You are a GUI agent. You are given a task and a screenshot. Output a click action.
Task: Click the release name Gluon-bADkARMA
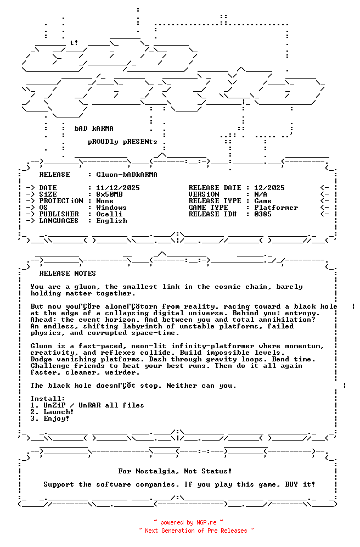click(126, 175)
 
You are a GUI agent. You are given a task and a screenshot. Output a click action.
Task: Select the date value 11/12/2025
click(117, 188)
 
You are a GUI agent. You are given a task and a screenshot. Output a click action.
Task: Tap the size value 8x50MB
click(109, 194)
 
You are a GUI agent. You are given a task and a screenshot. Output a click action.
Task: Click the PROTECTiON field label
click(61, 201)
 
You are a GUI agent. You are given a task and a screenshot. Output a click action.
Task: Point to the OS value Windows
click(111, 208)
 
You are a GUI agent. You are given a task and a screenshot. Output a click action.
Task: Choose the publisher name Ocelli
click(109, 214)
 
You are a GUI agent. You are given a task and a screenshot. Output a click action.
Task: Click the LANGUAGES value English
click(111, 221)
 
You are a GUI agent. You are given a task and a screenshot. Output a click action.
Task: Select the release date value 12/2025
click(269, 188)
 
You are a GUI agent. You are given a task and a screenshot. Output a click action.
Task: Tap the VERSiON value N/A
click(261, 194)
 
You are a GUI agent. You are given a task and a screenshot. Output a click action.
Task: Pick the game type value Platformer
click(276, 208)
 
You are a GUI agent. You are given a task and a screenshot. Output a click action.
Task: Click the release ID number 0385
click(263, 214)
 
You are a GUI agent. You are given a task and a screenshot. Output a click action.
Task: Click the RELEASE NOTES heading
click(67, 273)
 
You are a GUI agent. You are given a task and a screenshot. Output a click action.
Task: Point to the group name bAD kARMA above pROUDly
click(94, 129)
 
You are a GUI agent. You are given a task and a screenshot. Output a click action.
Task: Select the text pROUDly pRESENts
click(122, 142)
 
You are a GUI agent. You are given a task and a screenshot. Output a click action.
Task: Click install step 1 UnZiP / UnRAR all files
click(87, 405)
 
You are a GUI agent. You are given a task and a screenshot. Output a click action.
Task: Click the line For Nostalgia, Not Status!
click(175, 471)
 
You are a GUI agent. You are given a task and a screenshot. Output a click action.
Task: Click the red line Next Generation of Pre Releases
click(196, 531)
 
